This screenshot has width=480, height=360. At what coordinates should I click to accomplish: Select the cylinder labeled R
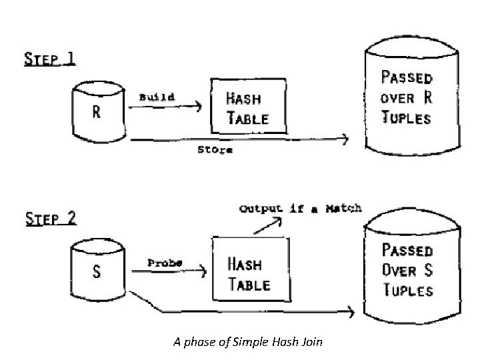click(x=97, y=112)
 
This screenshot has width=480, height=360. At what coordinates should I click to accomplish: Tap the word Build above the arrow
click(x=157, y=97)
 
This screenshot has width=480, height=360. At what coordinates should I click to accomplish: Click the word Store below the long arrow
click(x=215, y=150)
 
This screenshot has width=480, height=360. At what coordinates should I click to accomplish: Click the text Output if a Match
click(x=300, y=208)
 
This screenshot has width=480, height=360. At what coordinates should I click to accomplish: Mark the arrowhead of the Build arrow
click(x=198, y=105)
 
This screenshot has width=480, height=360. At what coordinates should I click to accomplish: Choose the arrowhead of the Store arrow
click(x=345, y=139)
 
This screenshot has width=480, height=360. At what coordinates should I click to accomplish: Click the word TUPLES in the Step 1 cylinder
click(x=406, y=119)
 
